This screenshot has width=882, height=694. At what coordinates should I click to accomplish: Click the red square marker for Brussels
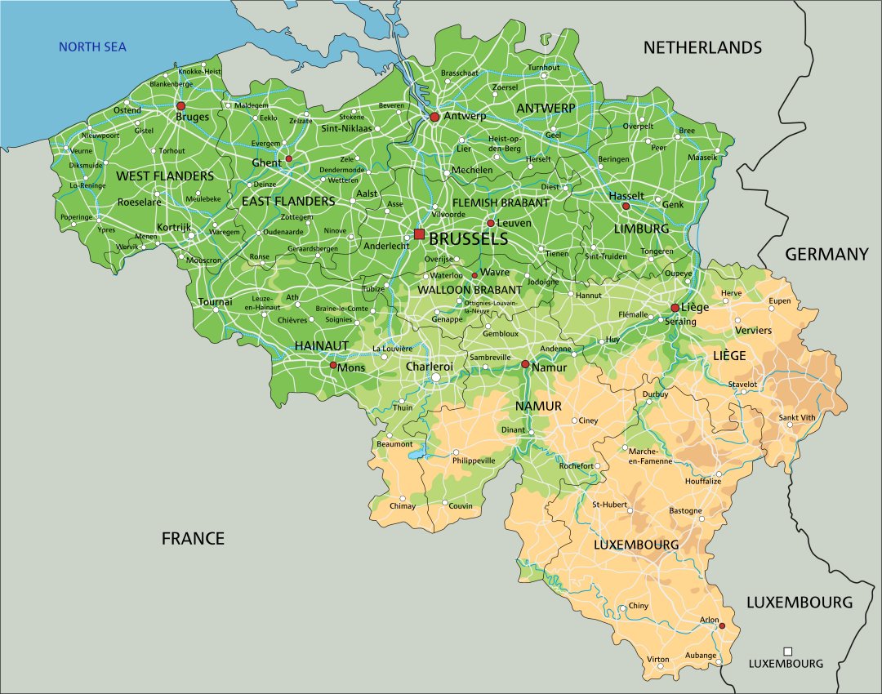point(419,234)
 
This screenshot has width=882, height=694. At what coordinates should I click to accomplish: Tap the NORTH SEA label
point(92,47)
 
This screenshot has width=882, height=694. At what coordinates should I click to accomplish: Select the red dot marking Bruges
point(181,106)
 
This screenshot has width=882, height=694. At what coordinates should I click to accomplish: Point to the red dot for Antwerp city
point(434,118)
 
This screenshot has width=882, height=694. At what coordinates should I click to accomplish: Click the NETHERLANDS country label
point(702,47)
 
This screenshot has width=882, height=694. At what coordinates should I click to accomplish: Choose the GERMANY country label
point(826,255)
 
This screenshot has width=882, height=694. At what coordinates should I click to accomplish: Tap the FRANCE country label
point(193,538)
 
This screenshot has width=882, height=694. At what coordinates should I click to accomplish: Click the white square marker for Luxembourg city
point(787,651)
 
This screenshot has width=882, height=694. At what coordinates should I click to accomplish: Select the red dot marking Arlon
point(722,625)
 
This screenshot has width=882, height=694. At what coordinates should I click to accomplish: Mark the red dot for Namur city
point(525,364)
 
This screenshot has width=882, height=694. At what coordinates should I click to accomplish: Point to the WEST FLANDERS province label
point(165,176)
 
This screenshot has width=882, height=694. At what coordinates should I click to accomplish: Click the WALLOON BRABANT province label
point(470,290)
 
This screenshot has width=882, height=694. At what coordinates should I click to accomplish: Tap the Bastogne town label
point(685,511)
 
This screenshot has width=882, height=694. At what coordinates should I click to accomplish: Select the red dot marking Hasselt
point(626,206)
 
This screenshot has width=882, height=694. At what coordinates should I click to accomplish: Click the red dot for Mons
point(333,366)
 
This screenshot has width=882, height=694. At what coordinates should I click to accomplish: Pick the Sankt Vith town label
point(797,417)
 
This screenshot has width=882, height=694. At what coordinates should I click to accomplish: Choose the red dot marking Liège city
point(675,308)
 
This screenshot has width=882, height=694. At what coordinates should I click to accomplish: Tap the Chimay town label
point(402,506)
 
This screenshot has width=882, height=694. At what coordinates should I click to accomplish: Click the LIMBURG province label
point(641,229)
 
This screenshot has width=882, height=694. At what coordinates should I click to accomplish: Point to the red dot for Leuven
point(491,223)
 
